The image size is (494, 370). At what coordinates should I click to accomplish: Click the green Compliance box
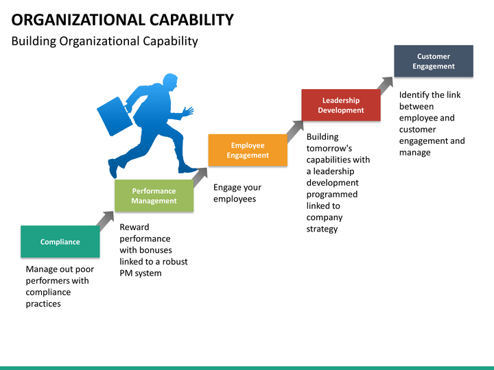[60, 242]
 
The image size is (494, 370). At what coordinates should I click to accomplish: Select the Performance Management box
[154, 196]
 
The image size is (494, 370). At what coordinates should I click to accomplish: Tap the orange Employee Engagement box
[248, 150]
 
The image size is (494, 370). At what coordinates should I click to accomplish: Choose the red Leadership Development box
[341, 105]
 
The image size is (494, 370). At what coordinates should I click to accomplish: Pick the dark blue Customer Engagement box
[434, 61]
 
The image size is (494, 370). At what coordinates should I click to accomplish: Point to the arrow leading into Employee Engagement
[200, 177]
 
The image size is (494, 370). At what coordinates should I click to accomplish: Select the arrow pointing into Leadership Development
[294, 131]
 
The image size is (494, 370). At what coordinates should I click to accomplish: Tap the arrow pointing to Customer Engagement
[386, 86]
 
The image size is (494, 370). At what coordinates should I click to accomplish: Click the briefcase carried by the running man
[115, 116]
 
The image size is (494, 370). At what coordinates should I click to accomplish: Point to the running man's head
[170, 82]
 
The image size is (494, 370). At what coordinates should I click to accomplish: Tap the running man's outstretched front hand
[188, 112]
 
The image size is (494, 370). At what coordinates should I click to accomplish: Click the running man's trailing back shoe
[113, 169]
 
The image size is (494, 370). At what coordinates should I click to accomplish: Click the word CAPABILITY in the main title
[191, 20]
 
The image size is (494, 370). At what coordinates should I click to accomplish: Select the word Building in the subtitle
[34, 41]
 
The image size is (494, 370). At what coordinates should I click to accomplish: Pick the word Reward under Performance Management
[134, 227]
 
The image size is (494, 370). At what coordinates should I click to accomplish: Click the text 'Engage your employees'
[237, 193]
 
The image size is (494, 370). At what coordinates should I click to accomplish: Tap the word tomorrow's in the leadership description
[329, 148]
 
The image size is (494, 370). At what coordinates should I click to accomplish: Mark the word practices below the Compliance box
[43, 304]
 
